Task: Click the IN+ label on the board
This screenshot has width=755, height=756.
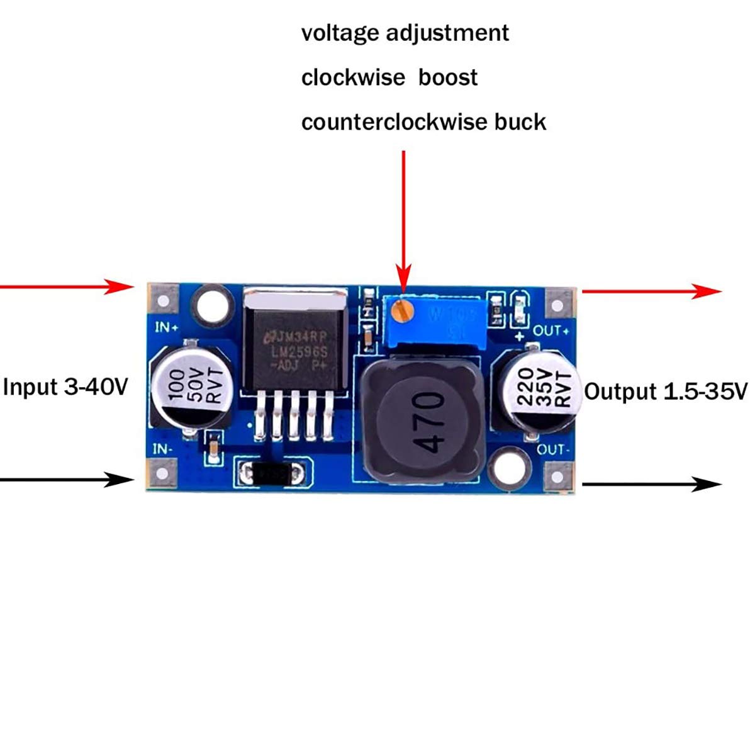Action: coord(167,327)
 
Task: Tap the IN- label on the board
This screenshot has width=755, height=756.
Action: coord(162,449)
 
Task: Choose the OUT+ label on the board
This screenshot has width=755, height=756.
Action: coord(551,330)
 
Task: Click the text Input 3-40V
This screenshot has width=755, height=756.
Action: coord(65,386)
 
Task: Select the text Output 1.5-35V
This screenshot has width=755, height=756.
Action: coord(666,392)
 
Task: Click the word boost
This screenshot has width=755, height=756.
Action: coord(448,77)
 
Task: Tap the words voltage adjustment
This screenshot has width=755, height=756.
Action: coord(405,33)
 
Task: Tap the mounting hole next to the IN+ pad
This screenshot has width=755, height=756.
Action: coord(211,303)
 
